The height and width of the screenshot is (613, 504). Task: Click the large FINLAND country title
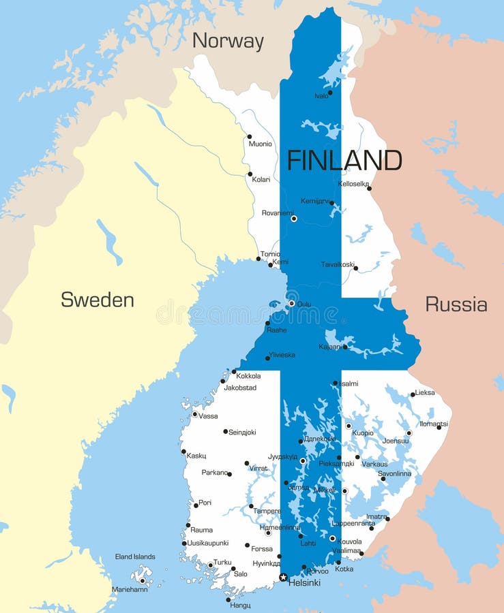[x=344, y=160]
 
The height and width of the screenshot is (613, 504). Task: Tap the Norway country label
[x=228, y=41]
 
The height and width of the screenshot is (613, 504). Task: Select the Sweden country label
[x=97, y=300]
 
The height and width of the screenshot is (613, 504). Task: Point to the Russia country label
[x=456, y=304]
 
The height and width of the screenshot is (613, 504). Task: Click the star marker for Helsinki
[x=283, y=577]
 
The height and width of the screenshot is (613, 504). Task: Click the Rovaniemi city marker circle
[x=294, y=219]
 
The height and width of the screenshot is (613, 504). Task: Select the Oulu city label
[x=304, y=304]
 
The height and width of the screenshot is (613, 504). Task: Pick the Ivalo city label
[x=321, y=96]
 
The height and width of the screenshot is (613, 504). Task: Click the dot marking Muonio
[x=249, y=136]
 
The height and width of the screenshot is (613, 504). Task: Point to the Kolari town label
[x=261, y=180]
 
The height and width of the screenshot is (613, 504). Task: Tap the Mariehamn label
[x=129, y=589]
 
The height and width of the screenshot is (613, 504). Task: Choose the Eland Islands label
[x=135, y=556]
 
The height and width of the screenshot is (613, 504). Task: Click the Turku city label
[x=222, y=563]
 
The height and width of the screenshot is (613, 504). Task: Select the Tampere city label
[x=267, y=511]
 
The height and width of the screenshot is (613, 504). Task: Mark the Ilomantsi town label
[x=433, y=424]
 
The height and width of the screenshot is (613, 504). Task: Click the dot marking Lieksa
[x=413, y=394]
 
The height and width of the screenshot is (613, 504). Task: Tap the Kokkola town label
[x=248, y=376]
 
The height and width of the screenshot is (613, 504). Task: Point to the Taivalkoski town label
[x=338, y=264]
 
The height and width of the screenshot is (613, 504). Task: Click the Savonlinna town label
[x=395, y=473]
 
